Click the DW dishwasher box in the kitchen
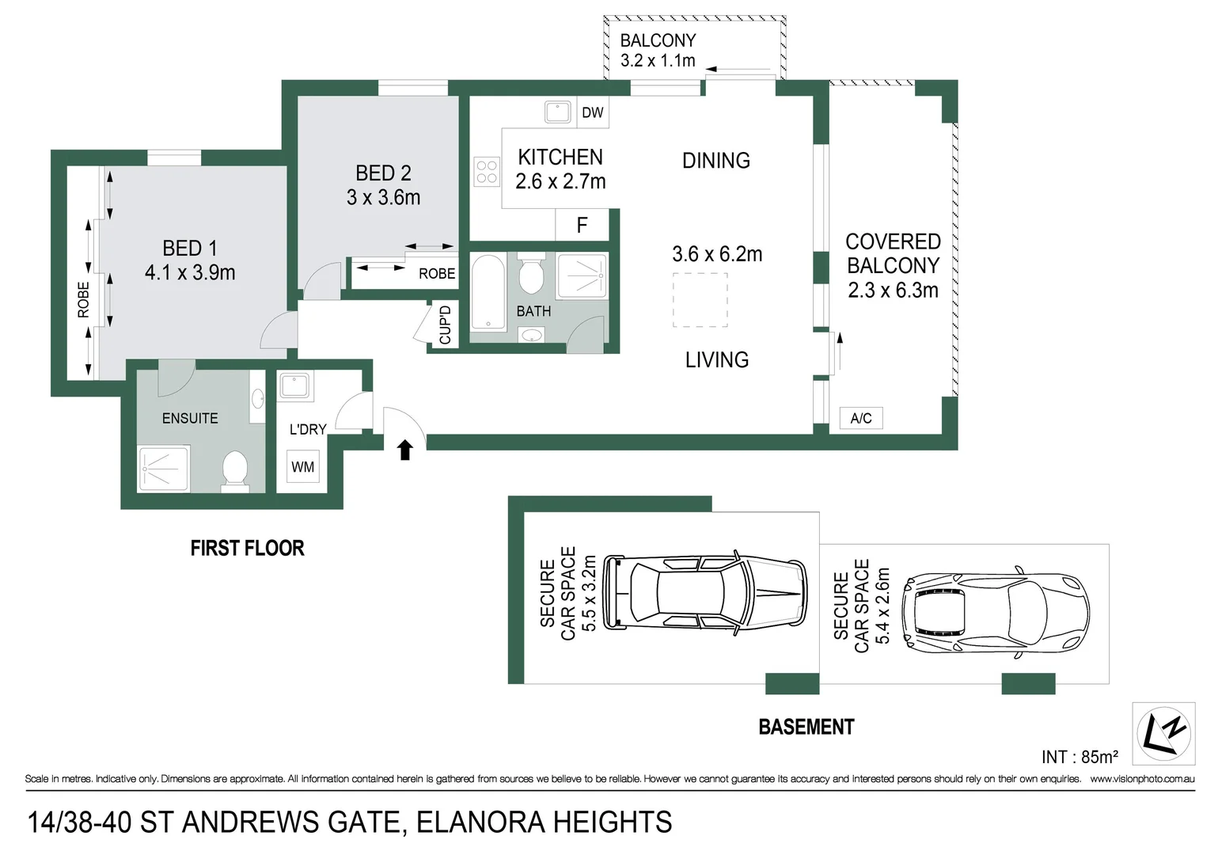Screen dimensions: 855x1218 pyautogui.click(x=592, y=112)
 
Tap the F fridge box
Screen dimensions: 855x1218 pyautogui.click(x=582, y=226)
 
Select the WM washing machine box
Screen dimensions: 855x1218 pyautogui.click(x=302, y=467)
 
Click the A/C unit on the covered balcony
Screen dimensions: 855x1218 pyautogui.click(x=861, y=418)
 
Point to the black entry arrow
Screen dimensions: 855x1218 pyautogui.click(x=405, y=450)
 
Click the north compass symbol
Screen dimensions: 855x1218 pyautogui.click(x=1163, y=734)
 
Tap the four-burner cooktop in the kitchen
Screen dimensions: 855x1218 pyautogui.click(x=487, y=172)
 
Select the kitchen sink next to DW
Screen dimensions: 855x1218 pyautogui.click(x=558, y=112)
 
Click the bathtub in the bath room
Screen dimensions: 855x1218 pyautogui.click(x=488, y=291)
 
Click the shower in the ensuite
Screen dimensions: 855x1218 pyautogui.click(x=164, y=469)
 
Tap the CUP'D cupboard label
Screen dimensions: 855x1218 pyautogui.click(x=445, y=325)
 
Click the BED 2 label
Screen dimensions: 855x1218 pyautogui.click(x=383, y=173)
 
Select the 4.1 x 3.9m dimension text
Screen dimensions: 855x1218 pyautogui.click(x=190, y=273)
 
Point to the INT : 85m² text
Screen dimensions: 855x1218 pyautogui.click(x=1080, y=757)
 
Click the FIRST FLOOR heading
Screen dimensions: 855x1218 pyautogui.click(x=247, y=548)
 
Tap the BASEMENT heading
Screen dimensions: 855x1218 pyautogui.click(x=806, y=727)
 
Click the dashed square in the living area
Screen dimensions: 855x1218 pyautogui.click(x=700, y=300)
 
